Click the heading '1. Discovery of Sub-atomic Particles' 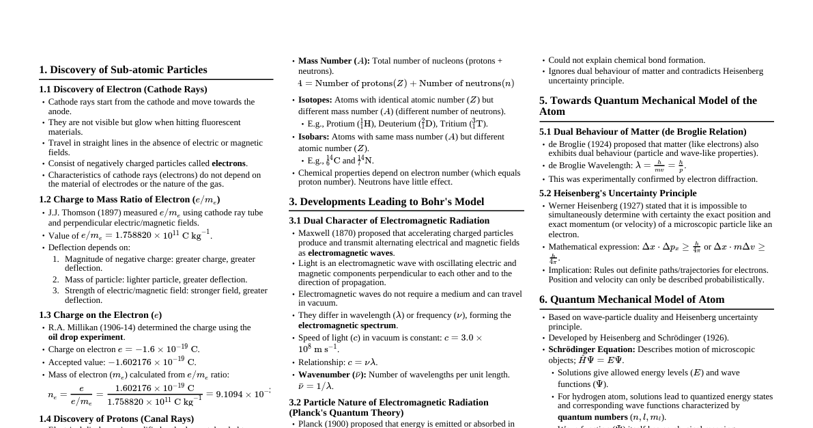(123, 70)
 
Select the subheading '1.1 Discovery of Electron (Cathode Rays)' (123, 90)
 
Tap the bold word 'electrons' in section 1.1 (229, 163)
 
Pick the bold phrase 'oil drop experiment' (86, 337)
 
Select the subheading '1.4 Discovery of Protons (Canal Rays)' (116, 418)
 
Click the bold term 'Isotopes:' (315, 100)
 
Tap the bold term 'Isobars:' (313, 137)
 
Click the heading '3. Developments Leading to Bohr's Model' (386, 202)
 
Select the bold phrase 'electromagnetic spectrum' (347, 325)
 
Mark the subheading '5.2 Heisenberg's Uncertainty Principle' (618, 193)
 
